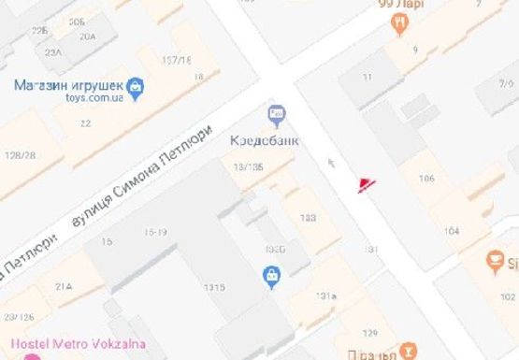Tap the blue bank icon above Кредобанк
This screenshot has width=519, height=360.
point(277,115)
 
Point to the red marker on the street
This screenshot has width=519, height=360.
point(364,184)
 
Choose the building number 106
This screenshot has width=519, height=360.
point(427,179)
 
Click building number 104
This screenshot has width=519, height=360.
point(452,230)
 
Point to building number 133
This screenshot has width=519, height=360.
point(308,218)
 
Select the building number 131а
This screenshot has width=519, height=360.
point(325,295)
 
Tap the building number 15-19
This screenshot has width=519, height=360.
point(155,231)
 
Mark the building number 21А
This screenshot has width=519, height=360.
point(64,286)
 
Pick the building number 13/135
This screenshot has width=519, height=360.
point(249,166)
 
